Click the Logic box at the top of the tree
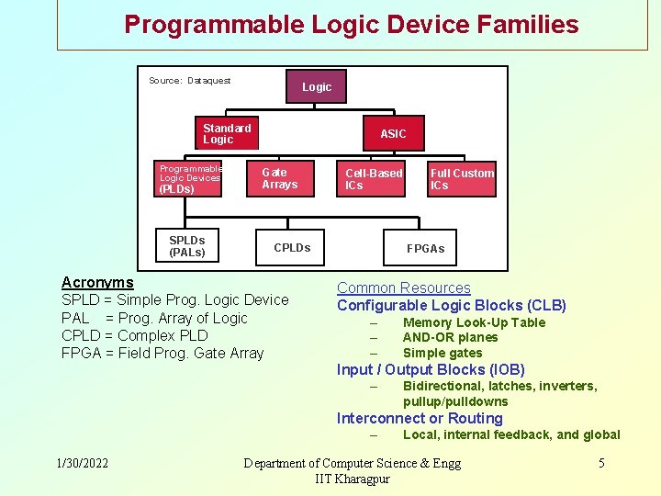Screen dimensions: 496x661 (x=317, y=86)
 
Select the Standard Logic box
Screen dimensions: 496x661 (x=226, y=134)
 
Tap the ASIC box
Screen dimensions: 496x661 (x=393, y=134)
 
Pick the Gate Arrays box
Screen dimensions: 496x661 (x=280, y=178)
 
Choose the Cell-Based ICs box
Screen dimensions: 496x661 (x=373, y=179)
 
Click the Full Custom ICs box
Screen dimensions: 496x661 (x=462, y=179)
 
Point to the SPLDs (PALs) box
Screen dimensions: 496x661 (x=187, y=246)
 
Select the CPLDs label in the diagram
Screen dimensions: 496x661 (x=292, y=248)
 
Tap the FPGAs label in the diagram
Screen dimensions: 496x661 (x=425, y=249)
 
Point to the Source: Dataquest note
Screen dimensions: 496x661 (x=189, y=81)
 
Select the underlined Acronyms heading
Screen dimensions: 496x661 (x=97, y=283)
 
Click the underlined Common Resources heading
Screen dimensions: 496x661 (x=403, y=288)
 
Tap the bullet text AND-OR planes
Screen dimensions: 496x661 (x=450, y=337)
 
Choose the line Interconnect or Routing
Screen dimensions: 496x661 (x=420, y=419)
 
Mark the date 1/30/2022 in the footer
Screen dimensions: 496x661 (x=82, y=463)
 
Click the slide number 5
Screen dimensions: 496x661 (x=601, y=463)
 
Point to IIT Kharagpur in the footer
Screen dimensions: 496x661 (x=352, y=479)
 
